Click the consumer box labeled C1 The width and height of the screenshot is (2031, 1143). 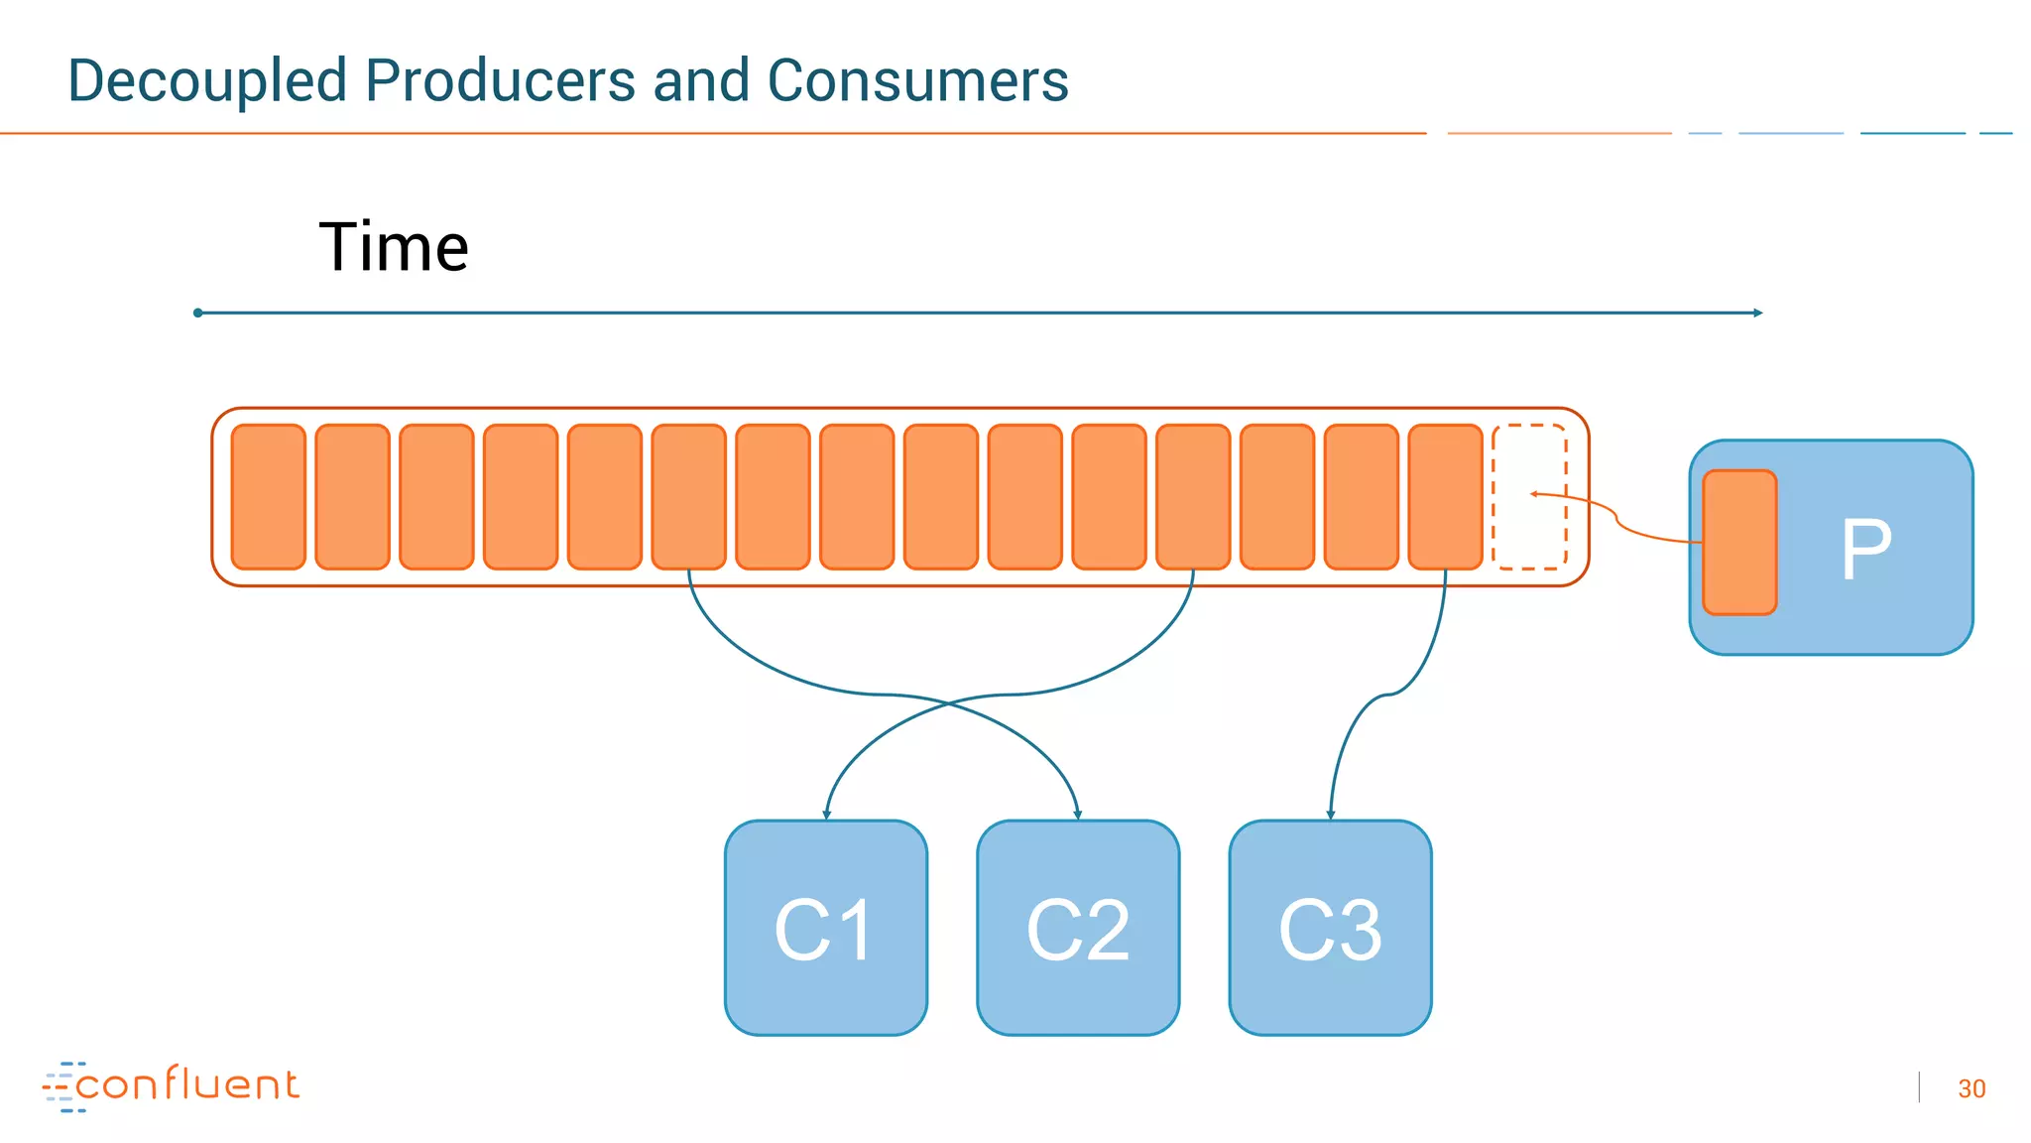pos(825,928)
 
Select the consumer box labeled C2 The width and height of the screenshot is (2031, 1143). pos(1078,928)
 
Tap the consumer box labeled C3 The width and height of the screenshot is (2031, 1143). pos(1330,928)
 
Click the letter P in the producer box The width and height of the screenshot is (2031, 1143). pos(1865,549)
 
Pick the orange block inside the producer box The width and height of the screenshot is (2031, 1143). pos(1739,543)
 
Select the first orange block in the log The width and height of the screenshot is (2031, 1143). pos(268,496)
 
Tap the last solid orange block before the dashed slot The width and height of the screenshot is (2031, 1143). pos(1445,496)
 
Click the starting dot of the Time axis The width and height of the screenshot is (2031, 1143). pos(198,313)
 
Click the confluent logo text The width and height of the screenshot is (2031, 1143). pos(186,1084)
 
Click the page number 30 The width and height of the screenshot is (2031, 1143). pos(1971,1088)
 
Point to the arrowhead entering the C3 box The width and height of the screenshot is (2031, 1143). pos(1331,815)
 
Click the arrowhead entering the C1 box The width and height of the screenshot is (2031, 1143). pos(826,815)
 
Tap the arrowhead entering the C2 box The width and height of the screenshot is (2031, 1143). pos(1078,815)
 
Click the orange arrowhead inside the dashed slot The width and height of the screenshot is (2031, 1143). pos(1534,493)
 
